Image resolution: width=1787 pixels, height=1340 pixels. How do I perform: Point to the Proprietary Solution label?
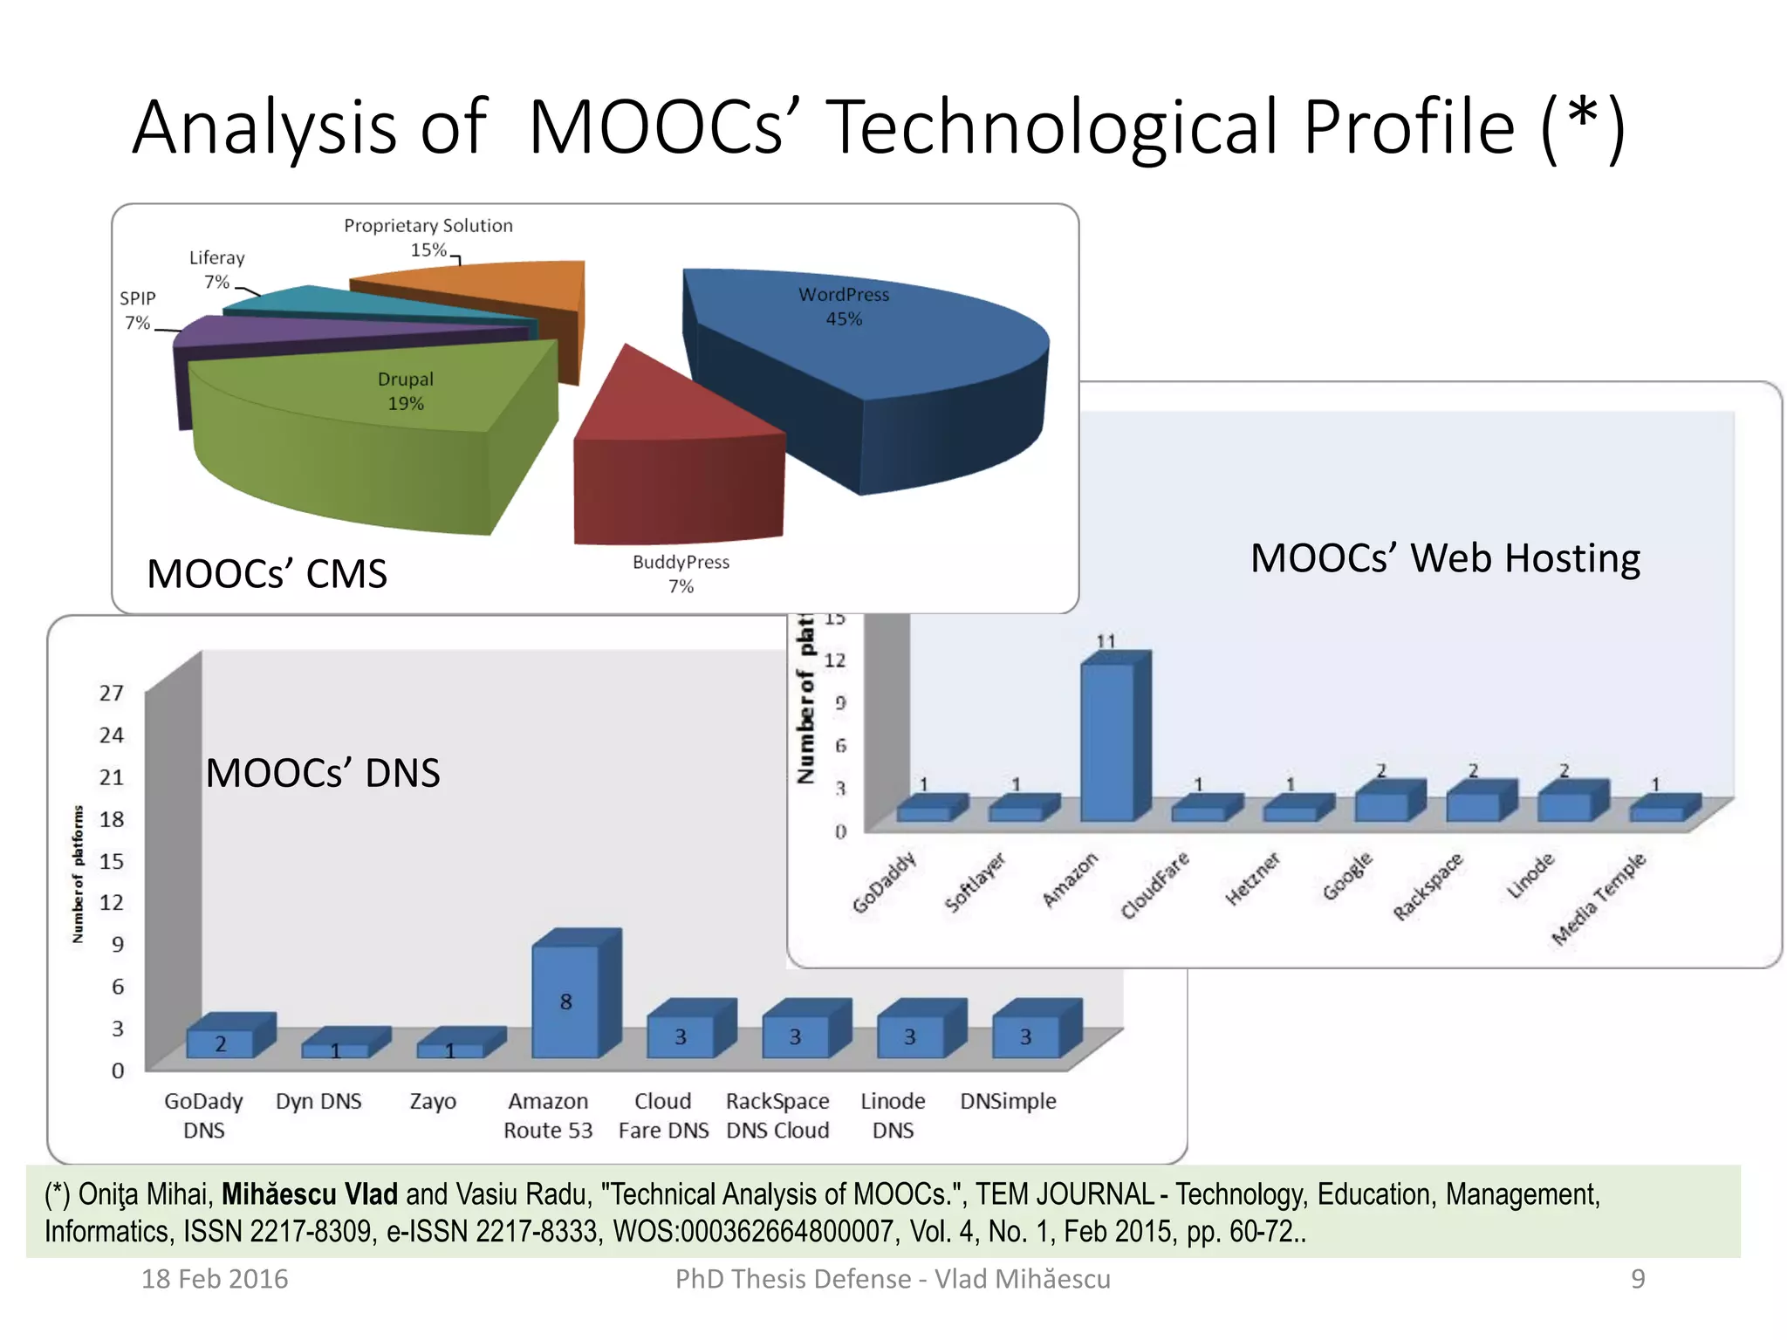[428, 226]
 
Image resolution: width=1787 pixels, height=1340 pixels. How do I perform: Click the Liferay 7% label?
[217, 269]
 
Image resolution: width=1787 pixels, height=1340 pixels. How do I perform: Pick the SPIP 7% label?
[138, 310]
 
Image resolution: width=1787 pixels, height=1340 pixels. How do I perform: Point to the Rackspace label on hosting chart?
[1428, 885]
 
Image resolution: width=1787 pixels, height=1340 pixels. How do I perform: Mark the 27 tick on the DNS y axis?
[112, 694]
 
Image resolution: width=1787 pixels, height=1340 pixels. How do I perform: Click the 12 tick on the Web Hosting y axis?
[835, 660]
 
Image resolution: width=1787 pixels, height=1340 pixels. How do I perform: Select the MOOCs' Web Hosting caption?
[1445, 558]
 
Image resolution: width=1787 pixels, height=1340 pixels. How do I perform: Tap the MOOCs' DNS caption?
[323, 773]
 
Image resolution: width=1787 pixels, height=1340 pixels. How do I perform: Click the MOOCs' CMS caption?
[267, 574]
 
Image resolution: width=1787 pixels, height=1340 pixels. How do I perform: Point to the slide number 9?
[1638, 1279]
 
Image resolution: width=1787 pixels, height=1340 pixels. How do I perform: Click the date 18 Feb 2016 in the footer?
[215, 1279]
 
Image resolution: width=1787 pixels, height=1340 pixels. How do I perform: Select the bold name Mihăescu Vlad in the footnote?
[309, 1194]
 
